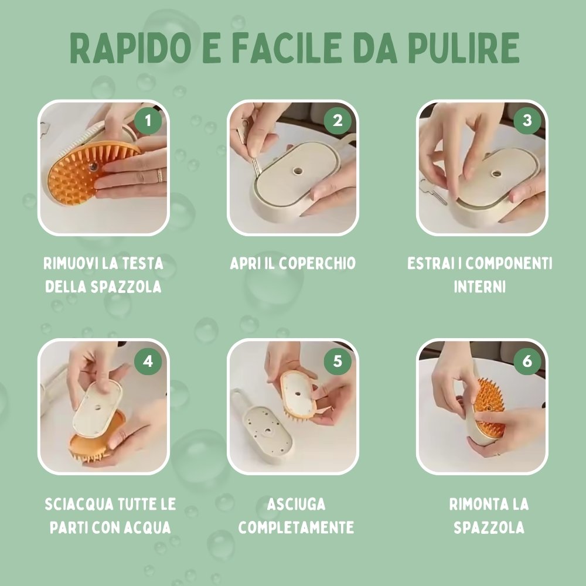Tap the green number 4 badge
pyautogui.click(x=148, y=362)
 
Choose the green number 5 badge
pyautogui.click(x=338, y=362)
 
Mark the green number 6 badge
pyautogui.click(x=527, y=362)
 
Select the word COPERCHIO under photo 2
pyautogui.click(x=317, y=263)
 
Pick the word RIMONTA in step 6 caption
pyautogui.click(x=475, y=504)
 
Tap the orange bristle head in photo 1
pyautogui.click(x=76, y=176)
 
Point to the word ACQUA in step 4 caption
pyautogui.click(x=148, y=527)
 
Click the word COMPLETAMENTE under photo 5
pyautogui.click(x=296, y=527)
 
